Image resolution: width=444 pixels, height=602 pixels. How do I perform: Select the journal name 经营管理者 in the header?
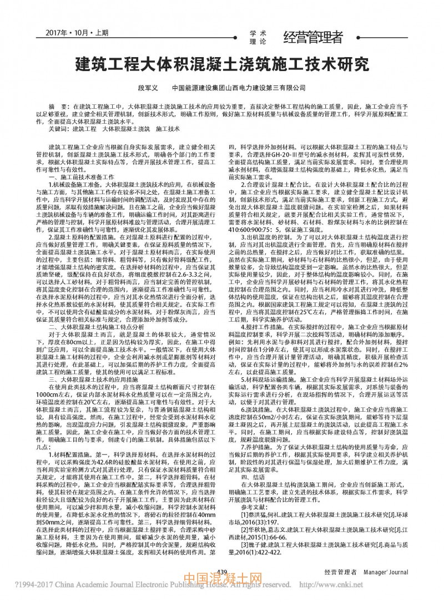click(314, 37)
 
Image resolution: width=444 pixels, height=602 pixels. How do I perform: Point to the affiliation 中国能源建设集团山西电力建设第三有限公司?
click(239, 88)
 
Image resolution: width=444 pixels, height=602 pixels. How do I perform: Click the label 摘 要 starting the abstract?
click(58, 105)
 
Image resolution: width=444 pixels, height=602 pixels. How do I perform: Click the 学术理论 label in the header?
click(259, 37)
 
